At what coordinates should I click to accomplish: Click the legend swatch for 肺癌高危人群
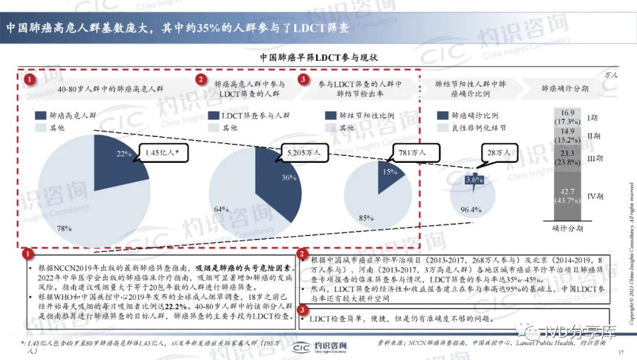pyautogui.click(x=41, y=116)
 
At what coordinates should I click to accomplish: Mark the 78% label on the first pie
pyautogui.click(x=65, y=228)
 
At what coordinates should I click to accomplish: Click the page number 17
pyautogui.click(x=620, y=352)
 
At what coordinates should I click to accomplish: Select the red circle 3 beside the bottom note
pyautogui.click(x=302, y=309)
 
